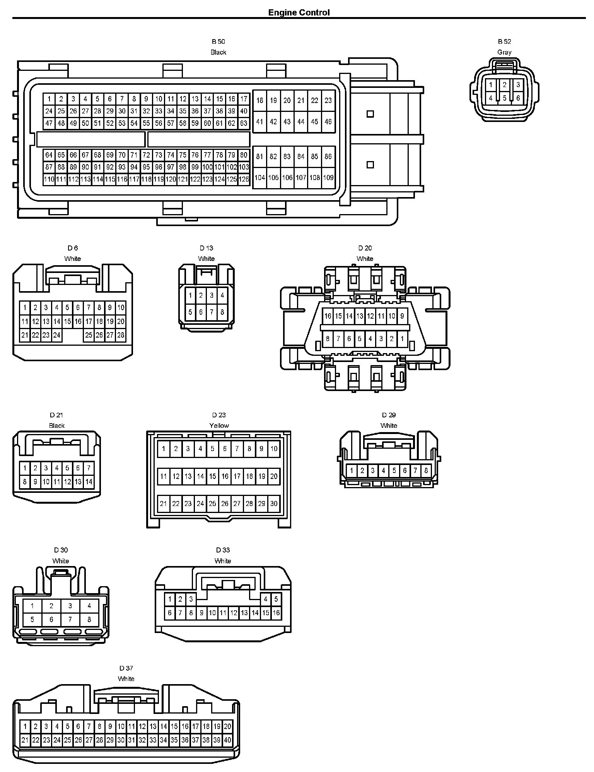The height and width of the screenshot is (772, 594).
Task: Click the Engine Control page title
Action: tap(299, 12)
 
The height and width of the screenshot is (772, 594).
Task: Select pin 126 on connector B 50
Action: tap(244, 179)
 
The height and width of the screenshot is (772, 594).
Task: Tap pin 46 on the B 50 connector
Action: tap(328, 122)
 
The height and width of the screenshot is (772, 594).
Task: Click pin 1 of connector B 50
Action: tap(49, 99)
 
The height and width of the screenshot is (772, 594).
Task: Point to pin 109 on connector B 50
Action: tap(328, 178)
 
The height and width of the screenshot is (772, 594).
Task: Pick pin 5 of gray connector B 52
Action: tap(504, 98)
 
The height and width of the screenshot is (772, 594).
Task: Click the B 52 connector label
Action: tap(504, 41)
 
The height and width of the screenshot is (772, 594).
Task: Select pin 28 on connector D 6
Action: tap(121, 335)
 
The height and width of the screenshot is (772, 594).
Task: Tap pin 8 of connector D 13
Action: tap(222, 312)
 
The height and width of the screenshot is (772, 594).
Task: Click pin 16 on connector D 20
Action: tap(328, 316)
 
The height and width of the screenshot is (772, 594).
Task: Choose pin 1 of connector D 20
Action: tap(402, 339)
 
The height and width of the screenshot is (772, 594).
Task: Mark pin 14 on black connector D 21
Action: tap(89, 482)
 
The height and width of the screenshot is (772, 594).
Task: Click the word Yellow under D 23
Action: tap(219, 425)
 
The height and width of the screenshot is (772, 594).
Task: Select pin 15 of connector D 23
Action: tap(212, 476)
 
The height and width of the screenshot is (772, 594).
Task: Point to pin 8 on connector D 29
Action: tap(426, 471)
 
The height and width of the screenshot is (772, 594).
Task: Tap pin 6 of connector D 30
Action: tap(51, 619)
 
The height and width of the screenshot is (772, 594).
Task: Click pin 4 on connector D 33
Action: tap(265, 599)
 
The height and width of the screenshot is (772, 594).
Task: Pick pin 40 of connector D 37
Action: tap(227, 740)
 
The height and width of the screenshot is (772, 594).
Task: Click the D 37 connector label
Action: tap(126, 668)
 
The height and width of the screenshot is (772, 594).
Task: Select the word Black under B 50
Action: tap(218, 52)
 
